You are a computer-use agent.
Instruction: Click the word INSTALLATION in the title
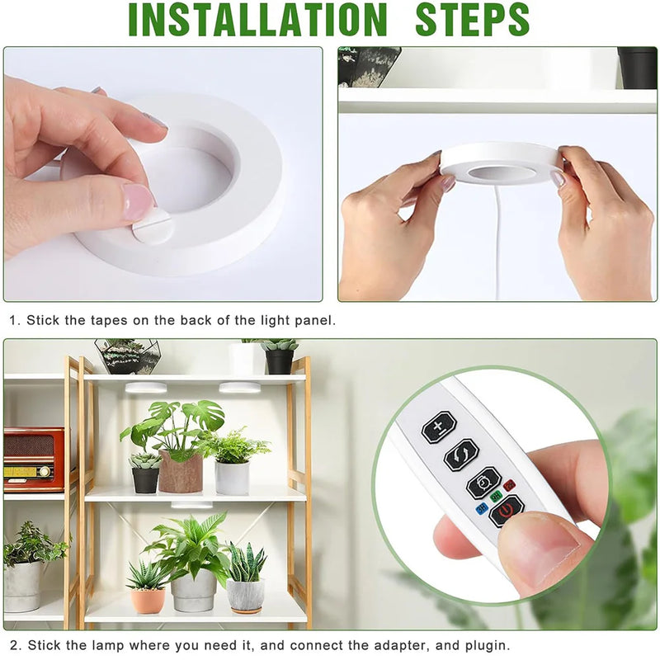click(257, 20)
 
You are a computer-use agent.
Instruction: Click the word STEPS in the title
click(472, 20)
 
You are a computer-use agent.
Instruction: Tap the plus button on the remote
click(439, 428)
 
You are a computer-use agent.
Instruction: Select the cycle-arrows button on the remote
click(461, 455)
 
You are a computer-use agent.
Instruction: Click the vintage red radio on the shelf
click(33, 459)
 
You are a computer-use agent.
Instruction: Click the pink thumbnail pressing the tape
click(138, 202)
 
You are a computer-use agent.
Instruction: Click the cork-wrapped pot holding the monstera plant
click(181, 473)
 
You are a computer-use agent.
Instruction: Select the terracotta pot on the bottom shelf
click(148, 601)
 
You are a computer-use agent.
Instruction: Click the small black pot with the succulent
click(145, 479)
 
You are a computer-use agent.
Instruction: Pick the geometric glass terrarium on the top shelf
click(127, 356)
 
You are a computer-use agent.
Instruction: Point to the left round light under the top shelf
click(146, 387)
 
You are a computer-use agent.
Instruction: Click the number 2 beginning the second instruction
click(12, 645)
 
